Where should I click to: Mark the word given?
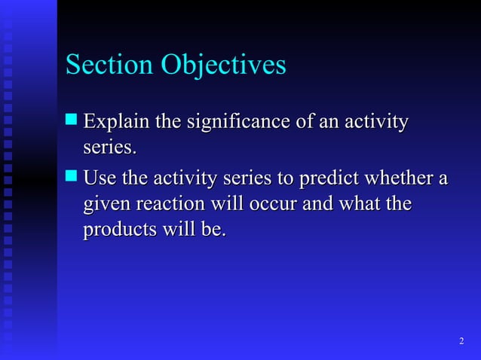point(103,204)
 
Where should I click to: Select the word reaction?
point(167,204)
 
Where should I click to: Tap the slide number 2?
point(461,343)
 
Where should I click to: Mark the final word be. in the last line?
point(214,230)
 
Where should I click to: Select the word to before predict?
point(286,179)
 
